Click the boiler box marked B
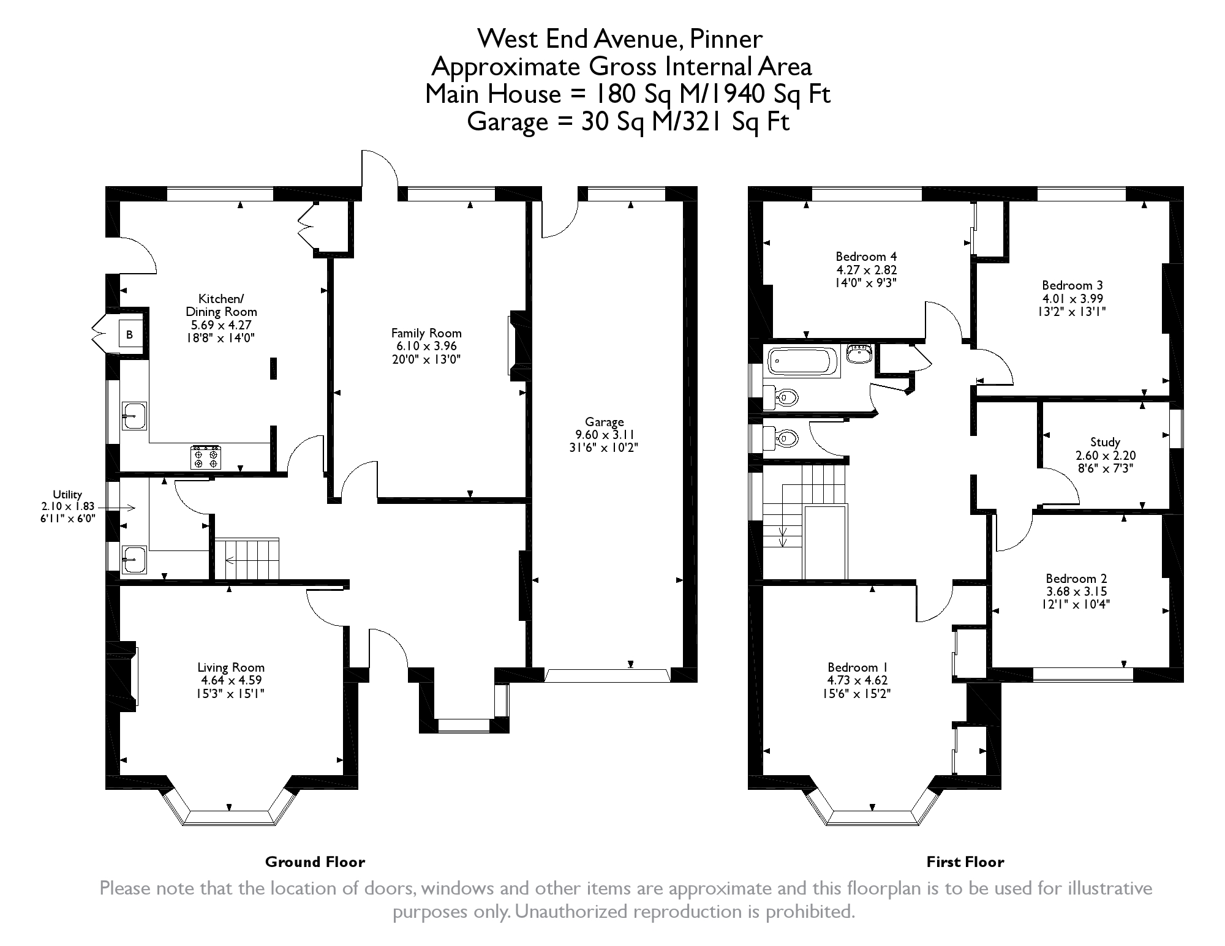[x=130, y=335]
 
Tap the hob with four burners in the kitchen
[x=206, y=457]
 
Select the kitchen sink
[x=134, y=416]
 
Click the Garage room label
[x=604, y=422]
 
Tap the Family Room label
[x=426, y=333]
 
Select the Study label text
[x=1105, y=442]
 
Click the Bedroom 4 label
[x=866, y=257]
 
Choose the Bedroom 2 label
[x=1076, y=579]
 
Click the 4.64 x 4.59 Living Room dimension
[x=231, y=680]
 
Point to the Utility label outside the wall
[x=67, y=495]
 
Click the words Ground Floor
[x=315, y=862]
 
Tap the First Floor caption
[x=965, y=862]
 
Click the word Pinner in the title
[x=726, y=39]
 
